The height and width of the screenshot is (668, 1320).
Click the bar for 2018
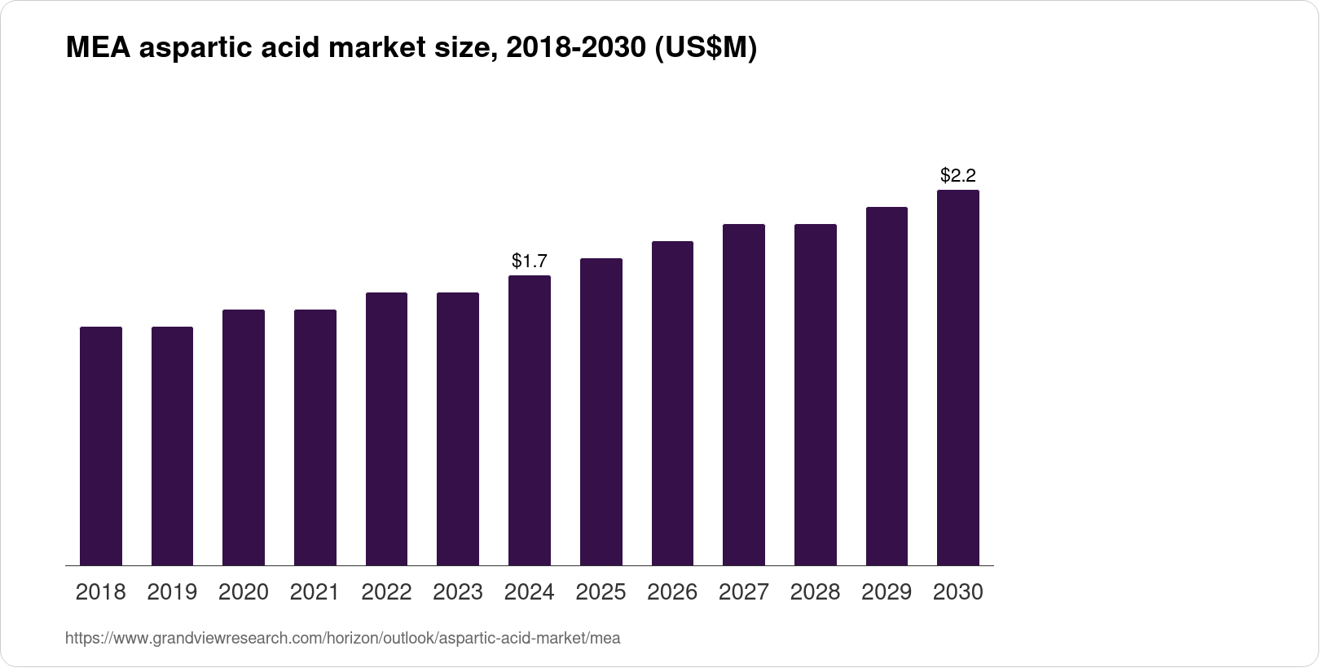(101, 446)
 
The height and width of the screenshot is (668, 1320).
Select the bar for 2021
(315, 437)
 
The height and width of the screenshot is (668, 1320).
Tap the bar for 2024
(530, 420)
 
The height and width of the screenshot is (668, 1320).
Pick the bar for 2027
(744, 394)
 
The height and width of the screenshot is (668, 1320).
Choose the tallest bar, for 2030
(958, 377)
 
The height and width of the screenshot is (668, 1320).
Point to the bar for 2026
(672, 403)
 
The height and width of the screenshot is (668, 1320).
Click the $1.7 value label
(530, 261)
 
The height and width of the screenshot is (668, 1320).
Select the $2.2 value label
(958, 175)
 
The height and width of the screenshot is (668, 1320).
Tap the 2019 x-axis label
(172, 592)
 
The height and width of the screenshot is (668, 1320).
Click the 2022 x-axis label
(386, 592)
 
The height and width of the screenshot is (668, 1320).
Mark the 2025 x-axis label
(601, 592)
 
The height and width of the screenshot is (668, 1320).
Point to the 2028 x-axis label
(815, 592)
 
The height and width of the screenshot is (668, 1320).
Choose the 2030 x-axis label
(958, 592)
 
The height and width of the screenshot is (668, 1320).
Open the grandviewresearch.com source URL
(342, 639)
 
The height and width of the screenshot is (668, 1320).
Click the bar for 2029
(887, 386)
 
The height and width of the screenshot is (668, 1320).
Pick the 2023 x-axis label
(458, 592)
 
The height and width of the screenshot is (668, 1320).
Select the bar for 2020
(244, 437)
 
